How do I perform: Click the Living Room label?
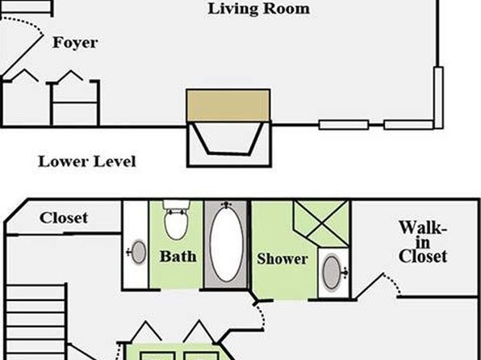[x=258, y=9]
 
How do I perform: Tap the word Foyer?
[x=75, y=43]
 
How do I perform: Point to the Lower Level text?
[x=87, y=161]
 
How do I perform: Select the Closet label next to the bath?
[x=64, y=218]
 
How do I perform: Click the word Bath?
[x=178, y=256]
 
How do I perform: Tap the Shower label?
[x=282, y=259]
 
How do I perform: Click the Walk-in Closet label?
[x=423, y=242]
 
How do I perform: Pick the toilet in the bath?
[x=176, y=220]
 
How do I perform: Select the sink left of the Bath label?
[x=138, y=253]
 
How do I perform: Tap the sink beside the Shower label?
[x=332, y=273]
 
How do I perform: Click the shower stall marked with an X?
[x=321, y=224]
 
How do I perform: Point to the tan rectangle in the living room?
[x=228, y=105]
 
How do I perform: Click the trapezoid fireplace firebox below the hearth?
[x=229, y=139]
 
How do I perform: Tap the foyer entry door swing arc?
[x=28, y=23]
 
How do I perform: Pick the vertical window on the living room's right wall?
[x=438, y=98]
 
